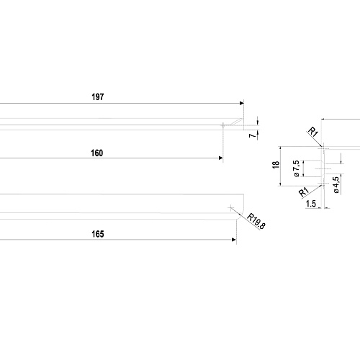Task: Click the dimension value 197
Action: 98,97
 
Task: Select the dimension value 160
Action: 97,153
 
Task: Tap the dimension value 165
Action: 98,234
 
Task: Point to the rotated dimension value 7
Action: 252,135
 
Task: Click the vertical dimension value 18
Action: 276,165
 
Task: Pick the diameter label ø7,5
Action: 297,168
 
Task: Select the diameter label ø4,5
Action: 336,185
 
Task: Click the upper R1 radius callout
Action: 313,132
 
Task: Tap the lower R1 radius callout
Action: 304,192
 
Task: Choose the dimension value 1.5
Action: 311,204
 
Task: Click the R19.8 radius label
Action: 256,221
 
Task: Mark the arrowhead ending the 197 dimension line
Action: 242,103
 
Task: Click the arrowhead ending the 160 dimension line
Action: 221,158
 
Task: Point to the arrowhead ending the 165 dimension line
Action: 234,240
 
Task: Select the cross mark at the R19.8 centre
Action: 230,208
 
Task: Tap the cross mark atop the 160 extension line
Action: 223,125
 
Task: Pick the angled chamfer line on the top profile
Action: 236,122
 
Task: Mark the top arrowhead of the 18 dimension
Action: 280,148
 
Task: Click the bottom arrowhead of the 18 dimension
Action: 280,184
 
